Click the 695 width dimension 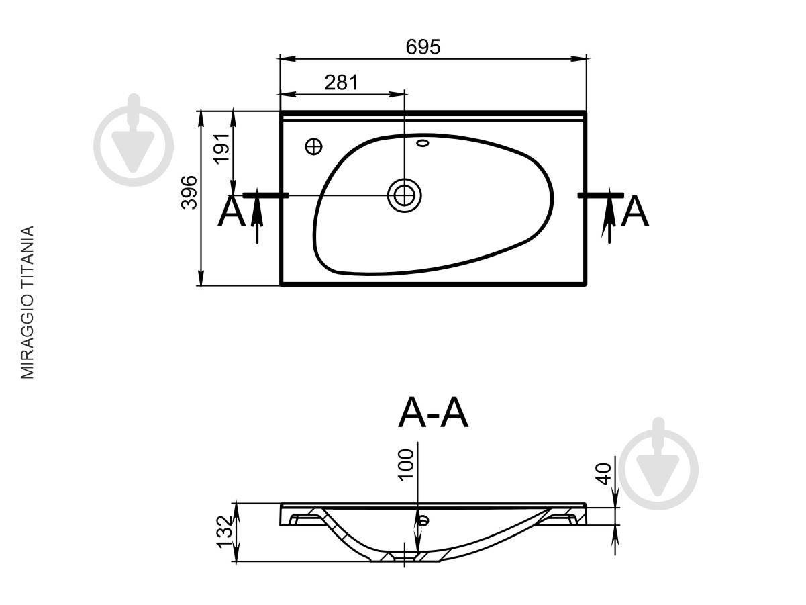[423, 47]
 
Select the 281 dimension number [341, 83]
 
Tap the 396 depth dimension [189, 193]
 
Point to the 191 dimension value [221, 149]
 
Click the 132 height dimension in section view [224, 532]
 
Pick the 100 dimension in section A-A [406, 465]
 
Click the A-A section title [434, 413]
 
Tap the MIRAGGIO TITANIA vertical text [27, 302]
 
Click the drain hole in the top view [404, 195]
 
